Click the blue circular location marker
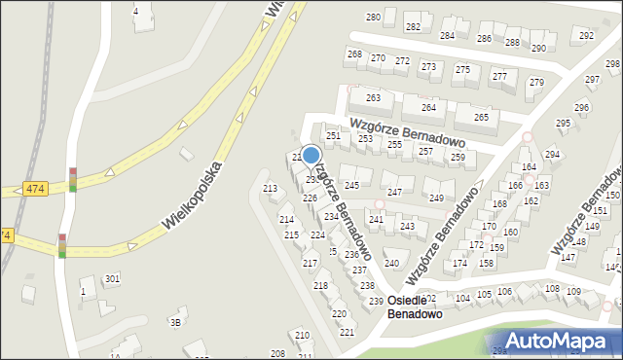click(311, 155)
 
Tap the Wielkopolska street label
click(193, 196)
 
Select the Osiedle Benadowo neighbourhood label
click(415, 307)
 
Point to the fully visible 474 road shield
click(36, 188)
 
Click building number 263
click(373, 98)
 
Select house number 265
click(481, 117)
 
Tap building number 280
click(373, 18)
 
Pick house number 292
click(586, 35)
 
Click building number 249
click(436, 198)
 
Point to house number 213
click(271, 188)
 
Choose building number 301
click(112, 279)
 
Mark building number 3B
click(175, 322)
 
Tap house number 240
click(391, 263)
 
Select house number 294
click(552, 155)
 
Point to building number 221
click(347, 332)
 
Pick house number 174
click(460, 264)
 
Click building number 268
click(354, 54)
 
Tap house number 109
click(573, 291)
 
